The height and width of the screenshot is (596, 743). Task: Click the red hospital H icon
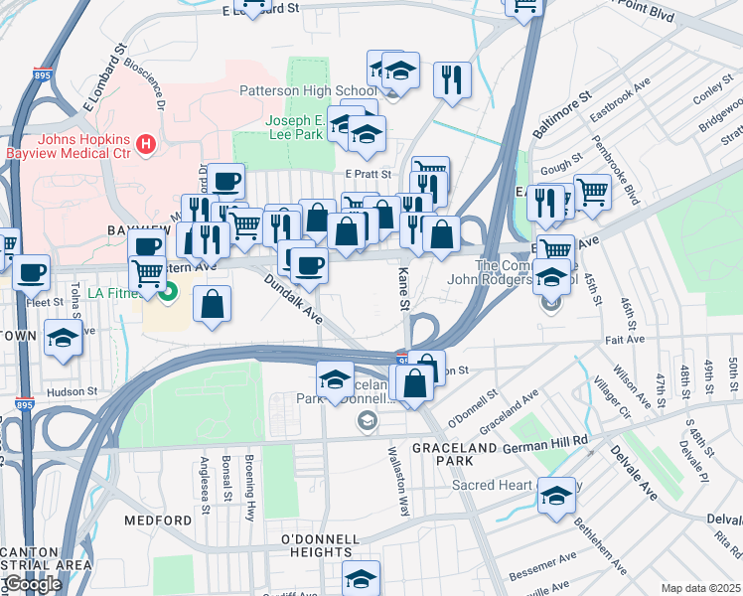click(147, 145)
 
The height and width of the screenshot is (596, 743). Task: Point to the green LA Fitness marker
click(168, 292)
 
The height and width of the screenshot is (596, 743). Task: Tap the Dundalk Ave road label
click(294, 299)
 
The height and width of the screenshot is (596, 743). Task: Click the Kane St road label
click(404, 287)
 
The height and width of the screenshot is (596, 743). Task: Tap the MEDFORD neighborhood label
click(158, 520)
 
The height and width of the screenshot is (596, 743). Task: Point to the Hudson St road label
click(75, 391)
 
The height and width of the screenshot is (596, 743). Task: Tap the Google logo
click(32, 584)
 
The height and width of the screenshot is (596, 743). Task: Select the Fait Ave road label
click(627, 340)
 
